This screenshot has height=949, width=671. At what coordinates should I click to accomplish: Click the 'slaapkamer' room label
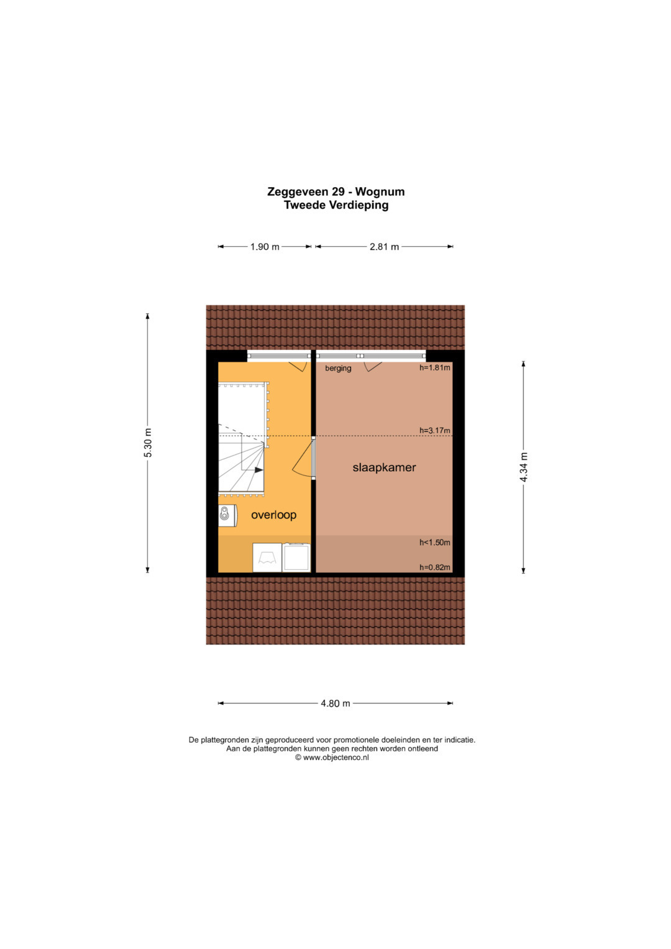click(384, 467)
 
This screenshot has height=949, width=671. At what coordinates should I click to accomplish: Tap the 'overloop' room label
click(273, 515)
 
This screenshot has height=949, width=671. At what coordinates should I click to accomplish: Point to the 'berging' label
click(338, 368)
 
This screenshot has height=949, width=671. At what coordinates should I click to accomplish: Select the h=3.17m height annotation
click(435, 431)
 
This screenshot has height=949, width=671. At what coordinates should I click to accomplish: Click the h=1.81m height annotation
click(435, 368)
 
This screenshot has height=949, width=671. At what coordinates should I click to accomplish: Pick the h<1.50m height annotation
click(435, 543)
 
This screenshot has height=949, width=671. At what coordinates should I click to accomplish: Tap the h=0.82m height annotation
click(435, 567)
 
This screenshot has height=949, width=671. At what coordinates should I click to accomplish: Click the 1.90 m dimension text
click(265, 247)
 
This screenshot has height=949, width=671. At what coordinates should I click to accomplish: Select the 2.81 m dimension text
click(384, 247)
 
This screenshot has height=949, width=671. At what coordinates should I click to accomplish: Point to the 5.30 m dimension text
click(148, 443)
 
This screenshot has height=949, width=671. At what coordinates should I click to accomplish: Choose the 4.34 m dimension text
click(524, 467)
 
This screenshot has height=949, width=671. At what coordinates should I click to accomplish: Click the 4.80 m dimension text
click(335, 704)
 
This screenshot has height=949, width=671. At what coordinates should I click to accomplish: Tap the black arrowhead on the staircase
click(259, 470)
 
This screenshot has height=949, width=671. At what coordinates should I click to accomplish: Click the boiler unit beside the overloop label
click(227, 516)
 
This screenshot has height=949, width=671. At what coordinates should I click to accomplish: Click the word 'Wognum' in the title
click(380, 191)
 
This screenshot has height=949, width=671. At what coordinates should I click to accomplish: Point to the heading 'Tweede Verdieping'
click(336, 205)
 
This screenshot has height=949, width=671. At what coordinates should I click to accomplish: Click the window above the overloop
click(279, 356)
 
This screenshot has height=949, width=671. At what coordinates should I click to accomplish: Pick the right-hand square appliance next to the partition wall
click(296, 557)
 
